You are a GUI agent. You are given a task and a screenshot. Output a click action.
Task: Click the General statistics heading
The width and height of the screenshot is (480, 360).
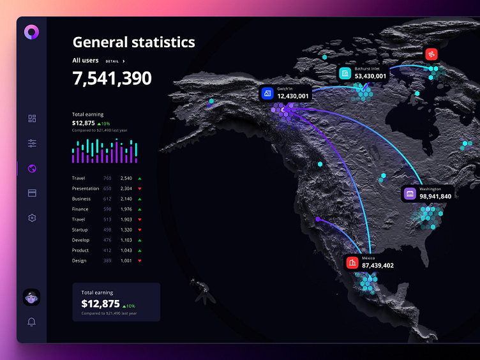tap(133, 43)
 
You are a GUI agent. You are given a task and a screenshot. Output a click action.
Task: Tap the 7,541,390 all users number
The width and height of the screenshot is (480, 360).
tap(112, 79)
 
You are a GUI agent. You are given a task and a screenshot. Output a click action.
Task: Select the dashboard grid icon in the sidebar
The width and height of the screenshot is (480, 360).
tap(32, 118)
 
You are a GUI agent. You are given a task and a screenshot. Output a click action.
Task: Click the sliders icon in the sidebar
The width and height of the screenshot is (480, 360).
tap(32, 144)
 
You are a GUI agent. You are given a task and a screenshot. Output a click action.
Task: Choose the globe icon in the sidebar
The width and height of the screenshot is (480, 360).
tap(32, 169)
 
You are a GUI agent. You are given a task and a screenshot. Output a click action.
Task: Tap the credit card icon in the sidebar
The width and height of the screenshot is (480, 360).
tap(32, 193)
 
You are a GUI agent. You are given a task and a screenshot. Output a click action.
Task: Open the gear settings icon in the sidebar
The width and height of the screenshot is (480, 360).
tap(32, 218)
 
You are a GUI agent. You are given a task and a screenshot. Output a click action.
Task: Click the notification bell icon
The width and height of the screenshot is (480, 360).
tap(31, 322)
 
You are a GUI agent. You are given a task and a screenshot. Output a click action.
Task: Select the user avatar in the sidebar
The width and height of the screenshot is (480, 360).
tap(31, 297)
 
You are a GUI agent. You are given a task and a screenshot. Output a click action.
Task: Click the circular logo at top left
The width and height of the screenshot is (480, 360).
tap(31, 31)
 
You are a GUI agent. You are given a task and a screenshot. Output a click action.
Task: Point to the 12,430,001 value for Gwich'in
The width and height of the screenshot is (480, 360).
tap(293, 96)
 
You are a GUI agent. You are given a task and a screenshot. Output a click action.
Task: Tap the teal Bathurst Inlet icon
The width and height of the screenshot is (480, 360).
tap(345, 73)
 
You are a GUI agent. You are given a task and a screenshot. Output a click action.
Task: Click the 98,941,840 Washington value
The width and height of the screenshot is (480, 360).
tap(435, 197)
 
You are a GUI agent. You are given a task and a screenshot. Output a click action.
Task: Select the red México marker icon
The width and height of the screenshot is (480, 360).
tap(352, 262)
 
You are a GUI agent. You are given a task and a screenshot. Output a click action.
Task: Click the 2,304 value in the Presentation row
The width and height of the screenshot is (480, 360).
tap(126, 188)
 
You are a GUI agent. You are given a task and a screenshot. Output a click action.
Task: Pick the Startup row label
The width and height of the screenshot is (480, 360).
tap(80, 230)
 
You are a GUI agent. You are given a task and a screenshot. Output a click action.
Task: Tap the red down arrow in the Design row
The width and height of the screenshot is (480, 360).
tap(140, 260)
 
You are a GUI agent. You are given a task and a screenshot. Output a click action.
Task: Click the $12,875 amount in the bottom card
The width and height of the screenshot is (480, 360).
tap(100, 304)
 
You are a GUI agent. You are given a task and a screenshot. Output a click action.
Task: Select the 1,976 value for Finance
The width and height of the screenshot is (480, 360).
tap(126, 209)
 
